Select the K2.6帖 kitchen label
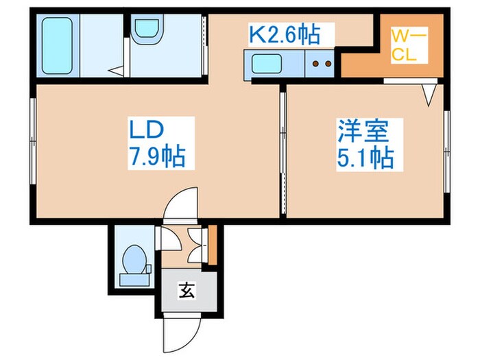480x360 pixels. (291, 32)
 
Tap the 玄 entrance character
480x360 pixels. (187, 290)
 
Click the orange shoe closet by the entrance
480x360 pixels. (213, 245)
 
